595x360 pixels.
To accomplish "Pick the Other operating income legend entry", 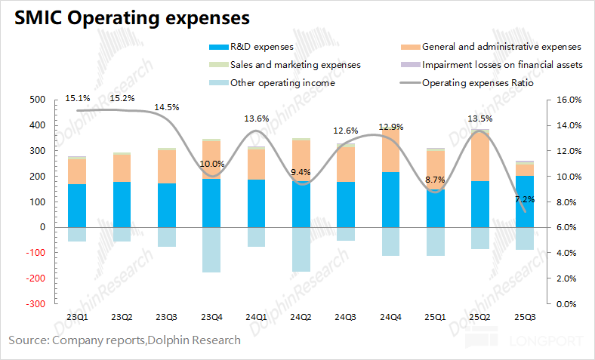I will pos(282,83).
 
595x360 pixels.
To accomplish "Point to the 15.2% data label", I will pos(122,97).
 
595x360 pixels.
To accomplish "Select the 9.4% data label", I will pos(301,172).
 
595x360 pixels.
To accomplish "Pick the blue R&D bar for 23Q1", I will pos(77,205).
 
